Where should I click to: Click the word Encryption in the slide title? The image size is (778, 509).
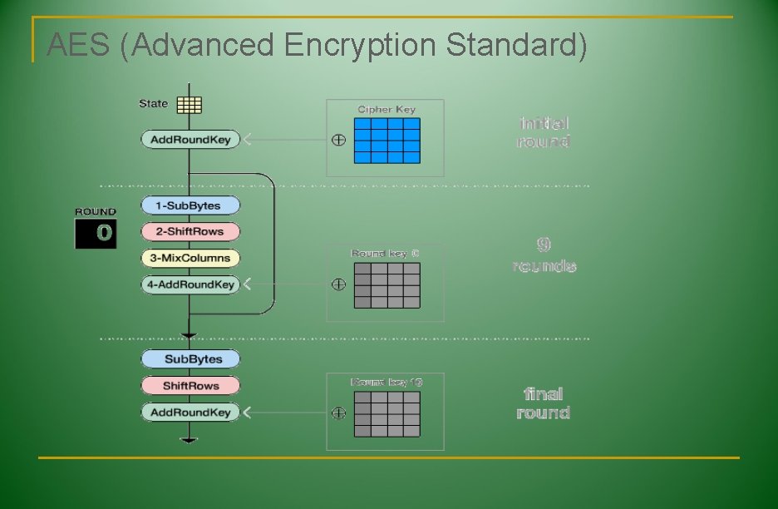362,45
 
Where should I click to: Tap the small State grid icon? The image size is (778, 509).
190,105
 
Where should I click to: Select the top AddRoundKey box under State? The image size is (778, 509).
190,140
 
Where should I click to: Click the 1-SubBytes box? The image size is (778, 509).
190,205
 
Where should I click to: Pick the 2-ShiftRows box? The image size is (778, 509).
190,231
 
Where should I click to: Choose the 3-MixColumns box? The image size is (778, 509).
190,258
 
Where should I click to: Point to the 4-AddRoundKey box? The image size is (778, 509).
190,284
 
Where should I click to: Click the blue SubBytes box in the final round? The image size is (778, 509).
190,359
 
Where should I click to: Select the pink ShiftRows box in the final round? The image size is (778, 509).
190,386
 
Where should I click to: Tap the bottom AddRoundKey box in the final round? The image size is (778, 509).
190,413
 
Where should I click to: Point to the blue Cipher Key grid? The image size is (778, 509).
387,141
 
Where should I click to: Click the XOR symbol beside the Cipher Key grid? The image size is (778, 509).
338,141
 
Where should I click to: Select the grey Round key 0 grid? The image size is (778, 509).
387,285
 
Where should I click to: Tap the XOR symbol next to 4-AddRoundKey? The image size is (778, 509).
338,284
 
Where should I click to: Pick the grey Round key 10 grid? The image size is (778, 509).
387,414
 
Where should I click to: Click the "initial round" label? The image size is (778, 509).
544,132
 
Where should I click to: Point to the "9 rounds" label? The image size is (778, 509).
544,255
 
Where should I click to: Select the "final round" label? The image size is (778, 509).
544,403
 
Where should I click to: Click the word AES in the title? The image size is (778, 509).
78,45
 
